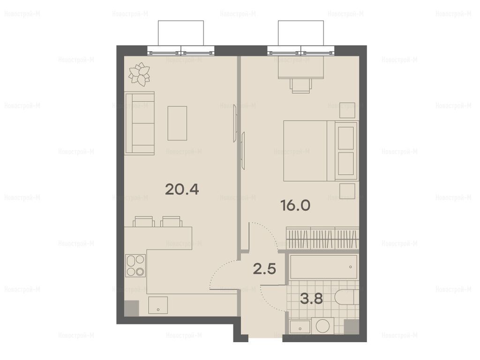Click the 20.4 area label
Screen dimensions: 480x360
(182, 189)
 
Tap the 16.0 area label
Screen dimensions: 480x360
(295, 205)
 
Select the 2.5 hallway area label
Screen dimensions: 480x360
(265, 269)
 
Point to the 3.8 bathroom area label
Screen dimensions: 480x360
(311, 299)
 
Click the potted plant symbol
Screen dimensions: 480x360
(140, 74)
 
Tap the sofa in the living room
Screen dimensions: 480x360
(140, 123)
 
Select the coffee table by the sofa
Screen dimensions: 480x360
(177, 123)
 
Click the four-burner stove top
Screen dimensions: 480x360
(135, 265)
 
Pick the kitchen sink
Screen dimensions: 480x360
(158, 305)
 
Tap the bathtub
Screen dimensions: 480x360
(323, 267)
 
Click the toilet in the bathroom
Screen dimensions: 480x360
(345, 297)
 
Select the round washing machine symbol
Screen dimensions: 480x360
(322, 326)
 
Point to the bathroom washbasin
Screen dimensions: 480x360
(300, 327)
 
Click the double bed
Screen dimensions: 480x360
(320, 150)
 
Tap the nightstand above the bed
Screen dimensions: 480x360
(347, 110)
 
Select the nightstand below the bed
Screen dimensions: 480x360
(347, 191)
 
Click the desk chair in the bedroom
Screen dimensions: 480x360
(301, 86)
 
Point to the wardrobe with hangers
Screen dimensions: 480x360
(322, 238)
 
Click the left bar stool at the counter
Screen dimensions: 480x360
(143, 222)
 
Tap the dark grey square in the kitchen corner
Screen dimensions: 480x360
(132, 308)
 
